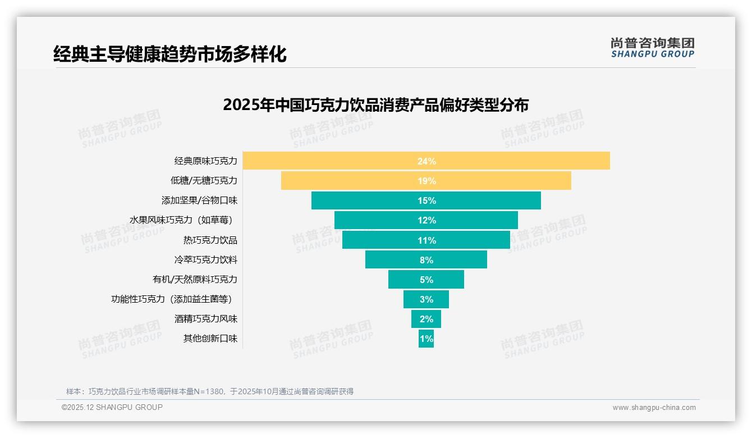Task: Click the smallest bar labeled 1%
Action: (x=426, y=339)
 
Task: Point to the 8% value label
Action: (x=426, y=260)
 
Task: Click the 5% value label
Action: (x=426, y=280)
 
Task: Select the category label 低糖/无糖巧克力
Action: (x=204, y=181)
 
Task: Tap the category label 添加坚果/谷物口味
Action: (x=199, y=200)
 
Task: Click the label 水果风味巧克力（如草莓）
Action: (x=181, y=220)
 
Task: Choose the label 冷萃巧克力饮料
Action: (x=205, y=259)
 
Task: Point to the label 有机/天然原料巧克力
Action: (x=195, y=279)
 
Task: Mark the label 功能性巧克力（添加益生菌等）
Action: (x=172, y=299)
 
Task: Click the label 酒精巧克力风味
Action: (x=205, y=318)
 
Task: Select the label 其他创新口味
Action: (x=210, y=338)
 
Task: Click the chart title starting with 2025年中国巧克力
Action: (x=375, y=105)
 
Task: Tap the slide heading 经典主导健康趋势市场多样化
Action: (x=169, y=54)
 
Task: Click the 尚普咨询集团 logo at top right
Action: (x=652, y=48)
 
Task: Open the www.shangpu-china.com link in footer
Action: (x=654, y=408)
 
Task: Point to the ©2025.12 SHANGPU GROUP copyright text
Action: (x=112, y=407)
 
